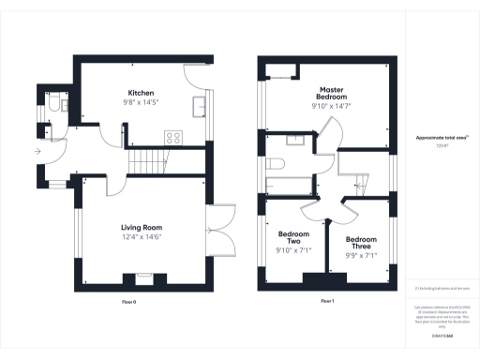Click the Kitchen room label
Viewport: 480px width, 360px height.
coord(142,93)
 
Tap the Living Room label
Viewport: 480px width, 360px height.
coord(142,227)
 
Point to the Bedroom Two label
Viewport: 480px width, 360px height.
coord(294,238)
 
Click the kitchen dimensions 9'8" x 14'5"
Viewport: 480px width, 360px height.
coord(142,103)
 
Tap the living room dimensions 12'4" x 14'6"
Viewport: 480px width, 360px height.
coord(142,237)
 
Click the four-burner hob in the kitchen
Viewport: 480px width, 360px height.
coord(173,138)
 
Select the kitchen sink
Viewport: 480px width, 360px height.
coord(200,106)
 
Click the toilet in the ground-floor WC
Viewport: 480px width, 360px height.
coord(53,111)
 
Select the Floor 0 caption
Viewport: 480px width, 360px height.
coord(129,302)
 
